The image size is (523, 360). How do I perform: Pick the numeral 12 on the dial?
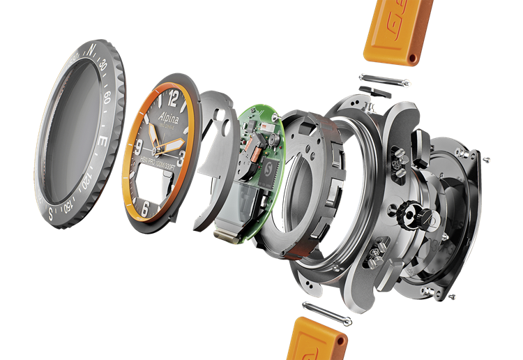coord(174,98)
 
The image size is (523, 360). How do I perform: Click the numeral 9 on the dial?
coord(139,147)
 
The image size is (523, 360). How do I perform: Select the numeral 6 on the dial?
coord(144,207)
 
